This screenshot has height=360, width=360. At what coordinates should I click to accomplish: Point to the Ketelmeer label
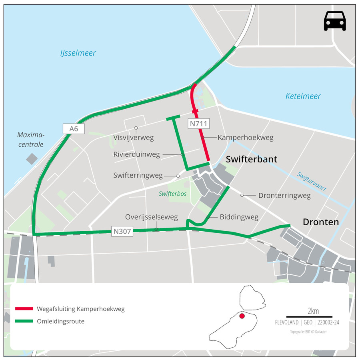tap(303, 96)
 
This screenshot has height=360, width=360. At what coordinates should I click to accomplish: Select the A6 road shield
tap(73, 128)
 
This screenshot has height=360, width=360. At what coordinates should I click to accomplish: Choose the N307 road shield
tap(122, 231)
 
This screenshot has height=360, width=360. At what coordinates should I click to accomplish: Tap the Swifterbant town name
tap(251, 159)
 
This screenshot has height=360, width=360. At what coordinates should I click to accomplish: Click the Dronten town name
tap(321, 222)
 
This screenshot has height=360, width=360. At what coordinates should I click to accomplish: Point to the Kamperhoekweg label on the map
tap(245, 138)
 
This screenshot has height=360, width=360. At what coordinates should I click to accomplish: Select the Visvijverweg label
tap(134, 138)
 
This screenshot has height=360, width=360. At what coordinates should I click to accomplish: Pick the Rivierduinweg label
tap(136, 154)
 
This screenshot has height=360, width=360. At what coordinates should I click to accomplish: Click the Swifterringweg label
tap(138, 175)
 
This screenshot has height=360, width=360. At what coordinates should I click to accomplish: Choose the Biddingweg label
tap(239, 217)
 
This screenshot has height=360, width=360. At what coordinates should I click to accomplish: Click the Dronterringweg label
tap(284, 196)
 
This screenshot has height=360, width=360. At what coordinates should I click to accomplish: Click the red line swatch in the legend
tap(24, 309)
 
